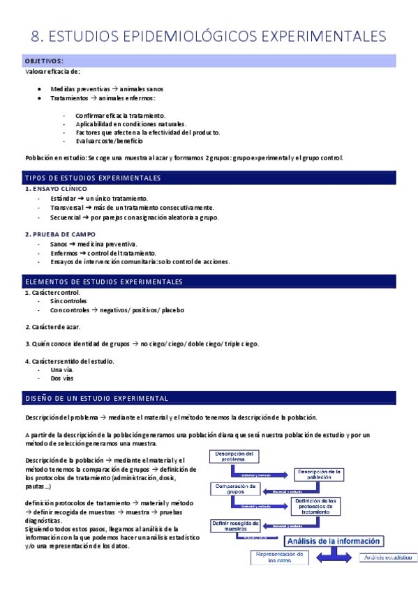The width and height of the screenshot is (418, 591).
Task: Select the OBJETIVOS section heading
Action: pyautogui.click(x=44, y=61)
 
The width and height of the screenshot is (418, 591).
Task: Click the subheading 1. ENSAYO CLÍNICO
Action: pyautogui.click(x=56, y=189)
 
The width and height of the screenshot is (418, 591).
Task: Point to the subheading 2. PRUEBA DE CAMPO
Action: pyautogui.click(x=60, y=234)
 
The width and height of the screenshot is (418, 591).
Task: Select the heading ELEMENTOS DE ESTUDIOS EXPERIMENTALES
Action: pyautogui.click(x=103, y=282)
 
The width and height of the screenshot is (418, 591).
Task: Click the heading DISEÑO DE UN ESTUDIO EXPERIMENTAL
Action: pyautogui.click(x=96, y=399)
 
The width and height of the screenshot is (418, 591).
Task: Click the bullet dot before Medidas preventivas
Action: pyautogui.click(x=42, y=89)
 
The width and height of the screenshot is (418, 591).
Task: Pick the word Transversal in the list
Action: pyautogui.click(x=67, y=208)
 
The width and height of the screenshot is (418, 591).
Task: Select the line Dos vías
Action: pyautogui.click(x=62, y=379)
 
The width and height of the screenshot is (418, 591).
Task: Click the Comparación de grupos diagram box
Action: pyautogui.click(x=234, y=489)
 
